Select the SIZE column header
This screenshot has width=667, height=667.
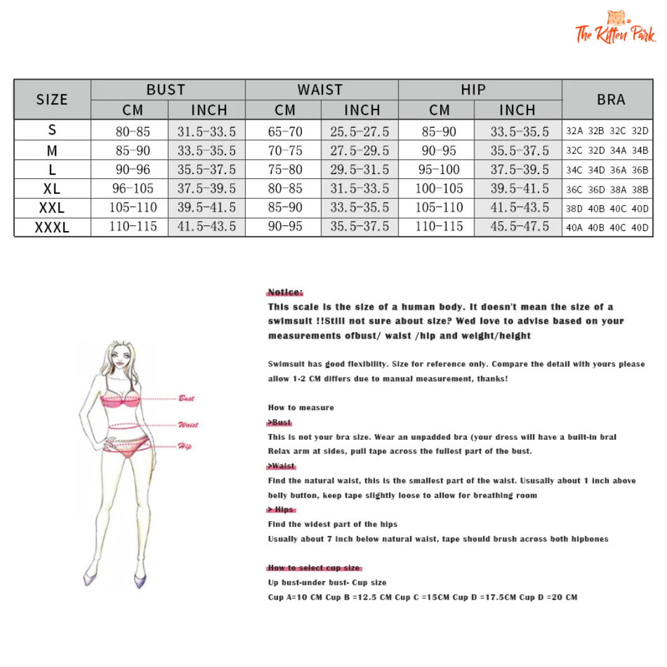[x=52, y=99]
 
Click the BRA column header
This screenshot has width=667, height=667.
[x=610, y=99]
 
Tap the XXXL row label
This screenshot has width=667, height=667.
[x=52, y=227]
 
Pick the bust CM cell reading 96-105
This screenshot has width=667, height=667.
[x=132, y=188]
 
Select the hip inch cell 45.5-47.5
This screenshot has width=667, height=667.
[x=519, y=227]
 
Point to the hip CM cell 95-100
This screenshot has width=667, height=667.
[x=439, y=169]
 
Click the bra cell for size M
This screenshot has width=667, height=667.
[x=607, y=150]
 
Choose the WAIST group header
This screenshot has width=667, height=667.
[x=320, y=90]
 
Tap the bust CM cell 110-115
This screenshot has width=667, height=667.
[x=132, y=227]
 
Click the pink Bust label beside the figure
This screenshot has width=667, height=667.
[x=186, y=398]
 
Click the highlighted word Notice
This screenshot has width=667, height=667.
[x=285, y=292]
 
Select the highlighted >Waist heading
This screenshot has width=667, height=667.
[x=281, y=466]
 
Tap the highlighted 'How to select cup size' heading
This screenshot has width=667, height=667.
[x=314, y=568]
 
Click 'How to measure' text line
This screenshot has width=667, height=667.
[x=301, y=408]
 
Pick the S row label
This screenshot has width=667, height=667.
[x=52, y=130]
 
